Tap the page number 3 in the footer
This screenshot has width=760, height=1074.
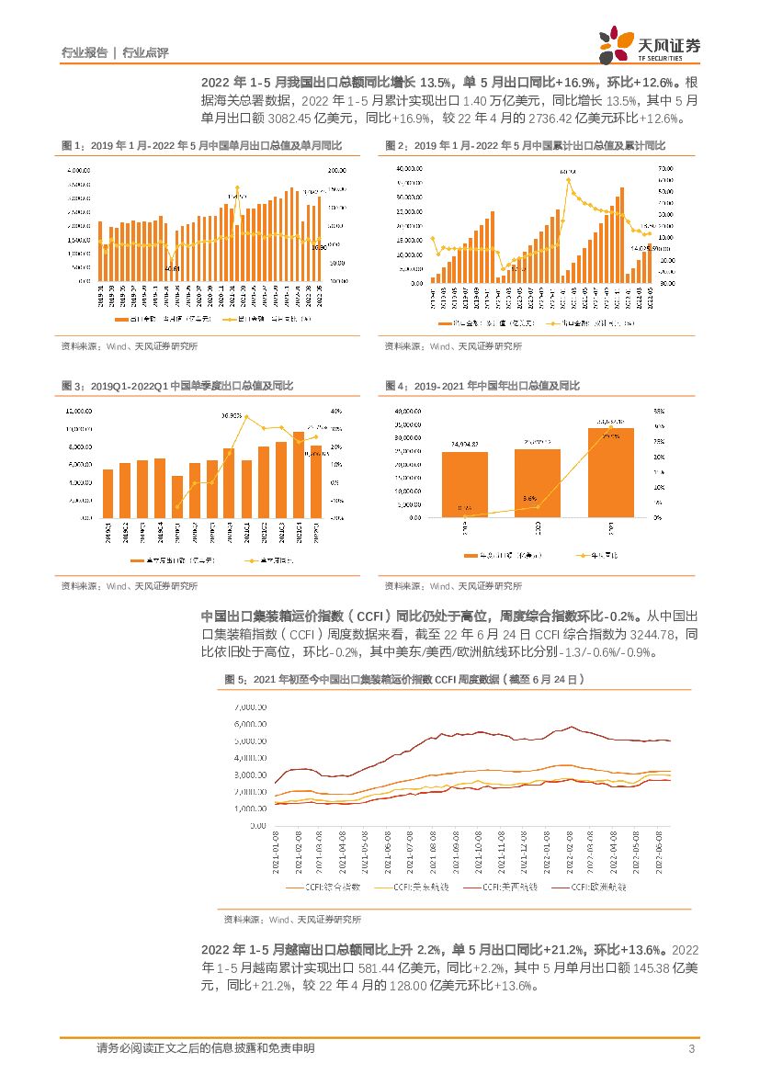(690, 1048)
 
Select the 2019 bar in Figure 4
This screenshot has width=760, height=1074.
(470, 484)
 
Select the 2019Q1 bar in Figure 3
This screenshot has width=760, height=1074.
(108, 493)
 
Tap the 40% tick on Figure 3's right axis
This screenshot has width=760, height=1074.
(336, 411)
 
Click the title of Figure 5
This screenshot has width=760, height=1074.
(404, 680)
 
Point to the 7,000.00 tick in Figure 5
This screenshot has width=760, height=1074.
(249, 707)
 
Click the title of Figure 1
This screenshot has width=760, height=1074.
(201, 146)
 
